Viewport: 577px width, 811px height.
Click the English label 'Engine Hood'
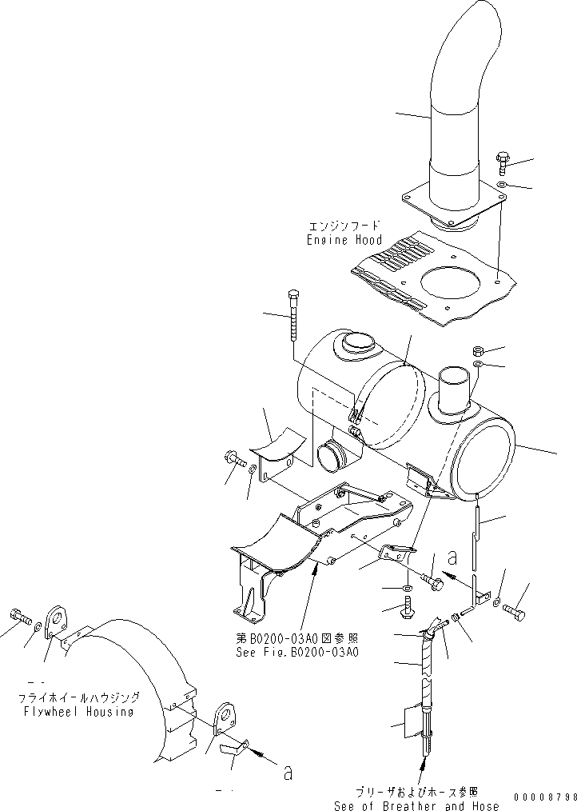[344, 239]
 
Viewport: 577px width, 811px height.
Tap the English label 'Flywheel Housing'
[78, 712]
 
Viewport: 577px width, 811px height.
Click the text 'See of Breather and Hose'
[416, 805]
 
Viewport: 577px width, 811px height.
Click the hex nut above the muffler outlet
[477, 351]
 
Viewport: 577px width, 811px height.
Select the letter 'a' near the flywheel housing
[288, 773]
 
